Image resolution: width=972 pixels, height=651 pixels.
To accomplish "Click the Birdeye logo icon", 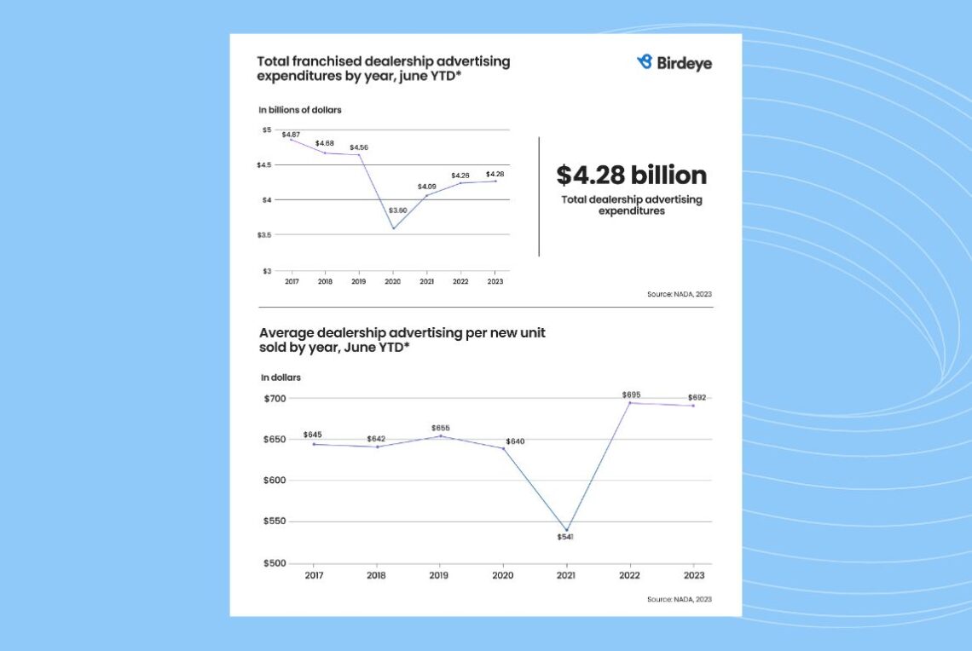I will (x=645, y=61).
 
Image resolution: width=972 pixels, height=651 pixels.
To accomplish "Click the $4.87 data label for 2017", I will (x=291, y=135).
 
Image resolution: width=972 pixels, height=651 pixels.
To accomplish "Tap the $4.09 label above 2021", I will (x=426, y=187).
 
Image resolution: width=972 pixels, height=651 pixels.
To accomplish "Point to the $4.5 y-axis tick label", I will (x=265, y=165).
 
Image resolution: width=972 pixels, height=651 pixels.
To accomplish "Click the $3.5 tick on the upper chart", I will (x=265, y=235).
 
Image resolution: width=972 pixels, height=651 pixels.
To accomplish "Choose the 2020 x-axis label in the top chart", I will (x=393, y=282).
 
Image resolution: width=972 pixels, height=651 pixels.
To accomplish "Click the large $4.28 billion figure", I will (x=632, y=176).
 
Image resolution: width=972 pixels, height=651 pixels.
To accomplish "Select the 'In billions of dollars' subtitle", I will (x=300, y=110).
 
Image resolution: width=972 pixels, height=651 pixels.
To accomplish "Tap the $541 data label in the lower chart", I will (x=566, y=537).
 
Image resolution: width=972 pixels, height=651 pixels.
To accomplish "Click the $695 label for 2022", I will (x=631, y=395).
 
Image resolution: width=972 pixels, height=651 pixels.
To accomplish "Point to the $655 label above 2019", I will (x=440, y=428).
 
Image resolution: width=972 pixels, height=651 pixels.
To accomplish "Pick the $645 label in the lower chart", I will (x=312, y=435).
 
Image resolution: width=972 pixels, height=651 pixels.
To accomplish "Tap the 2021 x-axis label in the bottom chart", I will (x=566, y=575).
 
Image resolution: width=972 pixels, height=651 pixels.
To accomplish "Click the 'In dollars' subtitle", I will (x=281, y=377).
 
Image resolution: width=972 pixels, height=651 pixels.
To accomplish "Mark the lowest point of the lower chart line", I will (x=566, y=530).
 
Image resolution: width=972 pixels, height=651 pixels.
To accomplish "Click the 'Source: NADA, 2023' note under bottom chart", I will (x=679, y=599).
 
